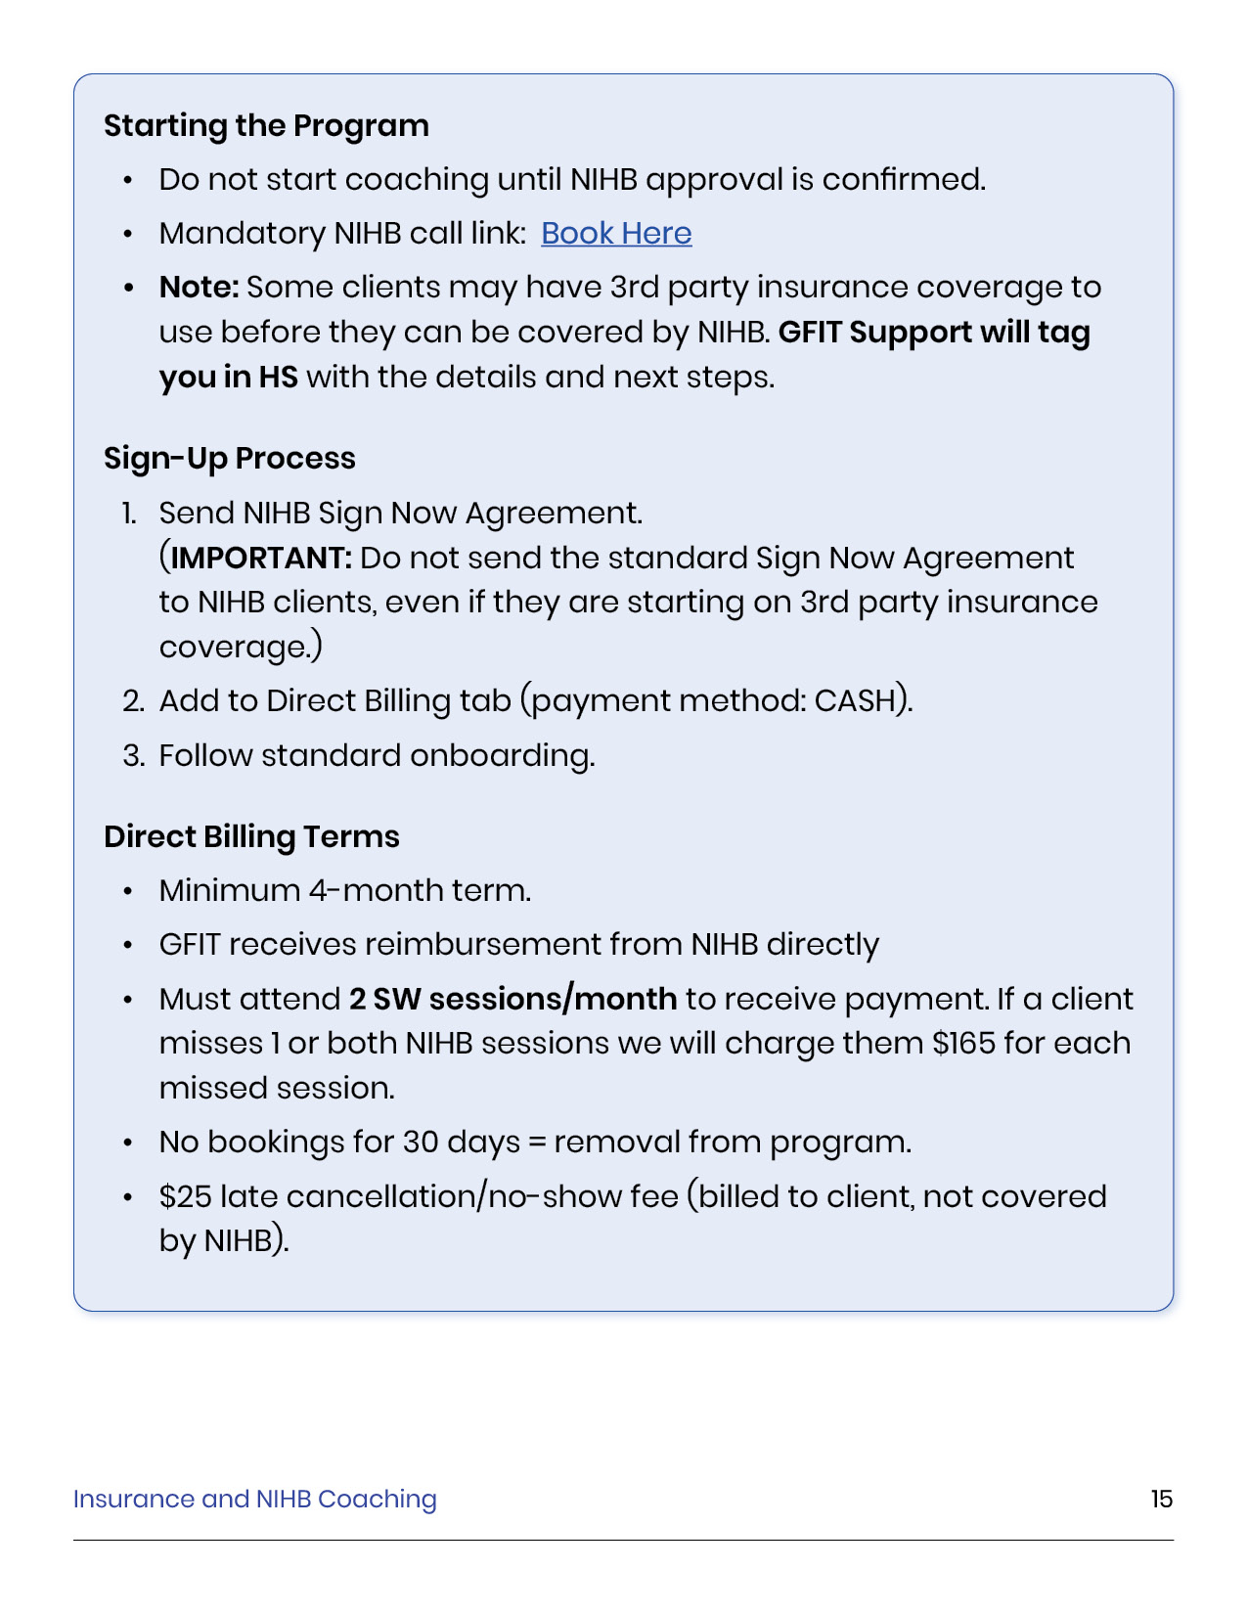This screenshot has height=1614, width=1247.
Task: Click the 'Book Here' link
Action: [x=616, y=234]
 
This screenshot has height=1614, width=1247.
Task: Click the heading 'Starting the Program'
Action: [x=266, y=126]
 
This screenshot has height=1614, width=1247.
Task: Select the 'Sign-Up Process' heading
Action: [x=230, y=459]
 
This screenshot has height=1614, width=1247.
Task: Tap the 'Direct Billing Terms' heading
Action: [x=251, y=837]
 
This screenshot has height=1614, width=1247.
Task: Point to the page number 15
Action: [x=1161, y=1499]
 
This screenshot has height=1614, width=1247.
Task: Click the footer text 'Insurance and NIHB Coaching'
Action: [x=254, y=1499]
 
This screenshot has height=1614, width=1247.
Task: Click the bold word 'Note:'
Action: [x=200, y=288]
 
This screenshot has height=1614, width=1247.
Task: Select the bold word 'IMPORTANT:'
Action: [x=261, y=559]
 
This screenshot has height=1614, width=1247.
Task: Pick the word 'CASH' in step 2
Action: [x=855, y=701]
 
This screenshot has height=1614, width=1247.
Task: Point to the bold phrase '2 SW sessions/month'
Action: [x=512, y=999]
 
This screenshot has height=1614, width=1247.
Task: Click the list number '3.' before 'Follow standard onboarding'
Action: [x=134, y=756]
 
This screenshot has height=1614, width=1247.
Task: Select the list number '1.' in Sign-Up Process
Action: [x=129, y=514]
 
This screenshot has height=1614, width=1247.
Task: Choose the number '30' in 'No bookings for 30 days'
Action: [x=421, y=1143]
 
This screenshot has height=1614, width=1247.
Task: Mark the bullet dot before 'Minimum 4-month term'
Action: [x=128, y=891]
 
